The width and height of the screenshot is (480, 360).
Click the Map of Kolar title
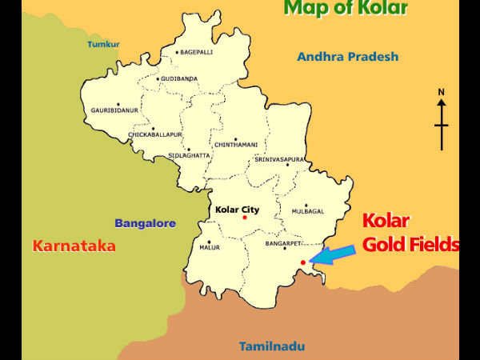(x=346, y=10)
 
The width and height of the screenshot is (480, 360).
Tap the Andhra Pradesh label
(x=347, y=57)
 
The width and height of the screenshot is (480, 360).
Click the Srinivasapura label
(x=279, y=160)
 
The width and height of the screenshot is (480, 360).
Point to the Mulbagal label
(x=306, y=211)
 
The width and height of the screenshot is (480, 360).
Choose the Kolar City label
(x=238, y=210)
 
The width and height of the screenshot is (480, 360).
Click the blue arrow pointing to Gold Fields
(x=333, y=254)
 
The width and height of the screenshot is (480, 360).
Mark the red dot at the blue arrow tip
(x=302, y=262)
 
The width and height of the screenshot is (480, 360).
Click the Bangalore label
(x=145, y=223)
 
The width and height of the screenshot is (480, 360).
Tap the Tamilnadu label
(x=271, y=346)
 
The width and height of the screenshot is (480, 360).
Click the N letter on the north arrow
(x=441, y=93)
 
